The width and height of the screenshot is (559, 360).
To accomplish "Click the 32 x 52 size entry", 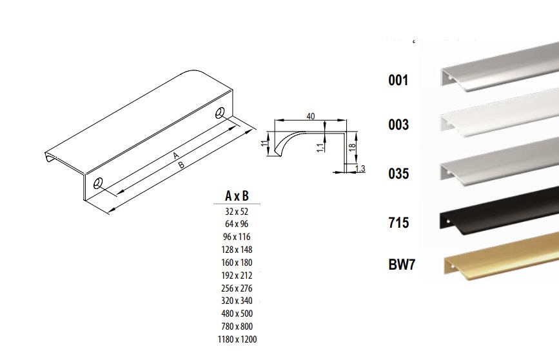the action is coord(237,212).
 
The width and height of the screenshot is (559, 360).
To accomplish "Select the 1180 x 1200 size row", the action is coord(237,339).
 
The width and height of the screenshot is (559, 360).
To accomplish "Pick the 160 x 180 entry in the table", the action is coord(237,263).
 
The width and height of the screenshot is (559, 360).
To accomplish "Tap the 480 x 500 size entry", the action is coord(237,314).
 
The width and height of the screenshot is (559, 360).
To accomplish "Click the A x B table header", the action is coord(237,196).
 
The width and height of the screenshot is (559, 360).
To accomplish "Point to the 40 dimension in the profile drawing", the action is coord(311,116).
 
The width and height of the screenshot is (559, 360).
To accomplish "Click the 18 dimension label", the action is coord(352,147).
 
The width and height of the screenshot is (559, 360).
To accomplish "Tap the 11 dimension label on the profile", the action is coord(264,143).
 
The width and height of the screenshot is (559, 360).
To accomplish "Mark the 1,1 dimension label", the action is coord(320,146).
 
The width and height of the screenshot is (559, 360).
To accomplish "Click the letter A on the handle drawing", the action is coord(175,155).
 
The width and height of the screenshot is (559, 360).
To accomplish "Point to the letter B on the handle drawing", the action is coord(181,165).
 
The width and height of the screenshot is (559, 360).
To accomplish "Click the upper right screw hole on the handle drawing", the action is coord(220,113).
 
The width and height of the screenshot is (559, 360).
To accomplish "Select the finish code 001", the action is coord(398,80).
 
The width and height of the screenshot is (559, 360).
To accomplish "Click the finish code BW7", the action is coord(402,265).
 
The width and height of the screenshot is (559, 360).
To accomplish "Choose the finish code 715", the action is coord(398,223).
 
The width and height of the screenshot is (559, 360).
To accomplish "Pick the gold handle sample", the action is coord(501,257).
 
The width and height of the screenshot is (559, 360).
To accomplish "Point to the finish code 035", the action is coord(398,174).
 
